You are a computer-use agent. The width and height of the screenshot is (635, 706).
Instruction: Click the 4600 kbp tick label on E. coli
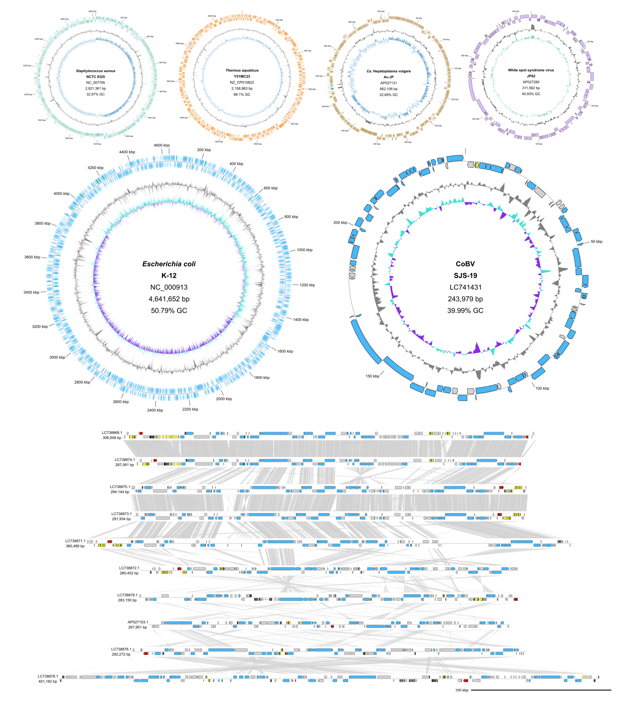tap(162, 145)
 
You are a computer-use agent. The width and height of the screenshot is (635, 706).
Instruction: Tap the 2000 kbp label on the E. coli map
tap(224, 399)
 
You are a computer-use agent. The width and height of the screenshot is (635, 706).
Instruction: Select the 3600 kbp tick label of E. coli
tap(32, 257)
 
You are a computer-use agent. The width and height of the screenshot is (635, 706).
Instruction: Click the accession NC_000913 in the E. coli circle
tap(169, 287)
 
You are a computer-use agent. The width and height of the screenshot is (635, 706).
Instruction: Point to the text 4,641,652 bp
tap(169, 299)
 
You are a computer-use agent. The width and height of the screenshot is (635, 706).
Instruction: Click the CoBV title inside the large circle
tap(465, 264)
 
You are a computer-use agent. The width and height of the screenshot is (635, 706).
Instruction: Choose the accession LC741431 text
tap(465, 287)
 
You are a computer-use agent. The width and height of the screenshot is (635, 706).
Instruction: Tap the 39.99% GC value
tap(465, 310)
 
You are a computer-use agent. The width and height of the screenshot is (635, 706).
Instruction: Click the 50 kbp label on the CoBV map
tap(596, 241)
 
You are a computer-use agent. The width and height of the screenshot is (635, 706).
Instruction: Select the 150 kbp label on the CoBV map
tap(372, 376)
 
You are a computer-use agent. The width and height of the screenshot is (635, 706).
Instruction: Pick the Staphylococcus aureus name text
tap(96, 71)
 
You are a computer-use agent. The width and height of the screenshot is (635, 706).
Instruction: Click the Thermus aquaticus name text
tap(242, 71)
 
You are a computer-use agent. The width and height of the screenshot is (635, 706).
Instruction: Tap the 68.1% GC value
tap(242, 94)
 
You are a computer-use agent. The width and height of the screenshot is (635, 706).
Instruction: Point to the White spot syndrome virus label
tap(531, 70)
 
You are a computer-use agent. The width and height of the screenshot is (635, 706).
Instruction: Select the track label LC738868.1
tap(112, 433)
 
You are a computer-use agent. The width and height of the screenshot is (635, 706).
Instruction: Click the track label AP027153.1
tap(137, 622)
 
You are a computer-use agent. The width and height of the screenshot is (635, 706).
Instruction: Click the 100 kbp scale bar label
tap(462, 690)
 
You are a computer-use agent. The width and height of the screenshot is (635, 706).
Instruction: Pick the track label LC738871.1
tap(75, 541)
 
